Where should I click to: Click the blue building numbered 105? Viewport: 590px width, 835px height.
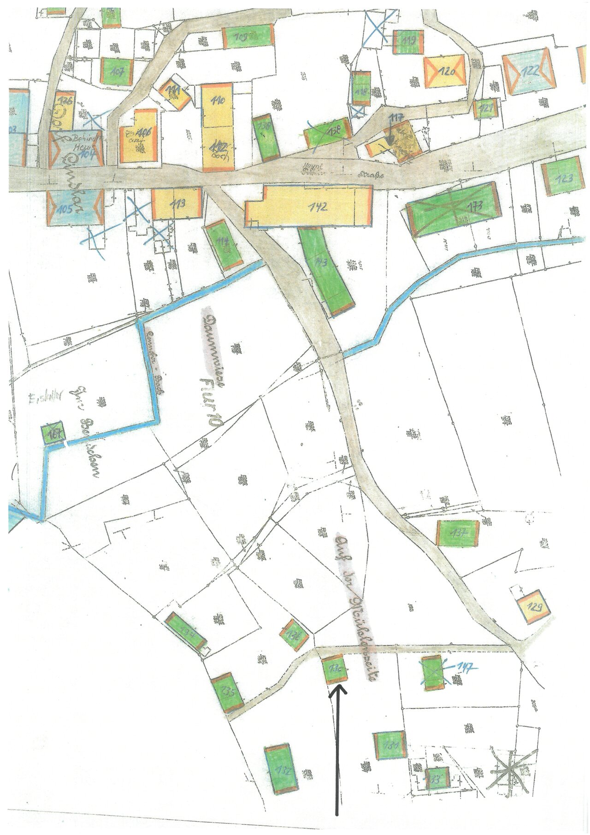[73, 207]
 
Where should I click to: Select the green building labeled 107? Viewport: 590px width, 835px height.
[117, 71]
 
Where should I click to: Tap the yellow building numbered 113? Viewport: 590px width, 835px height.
[177, 203]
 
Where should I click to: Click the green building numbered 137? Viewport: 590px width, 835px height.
[458, 532]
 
